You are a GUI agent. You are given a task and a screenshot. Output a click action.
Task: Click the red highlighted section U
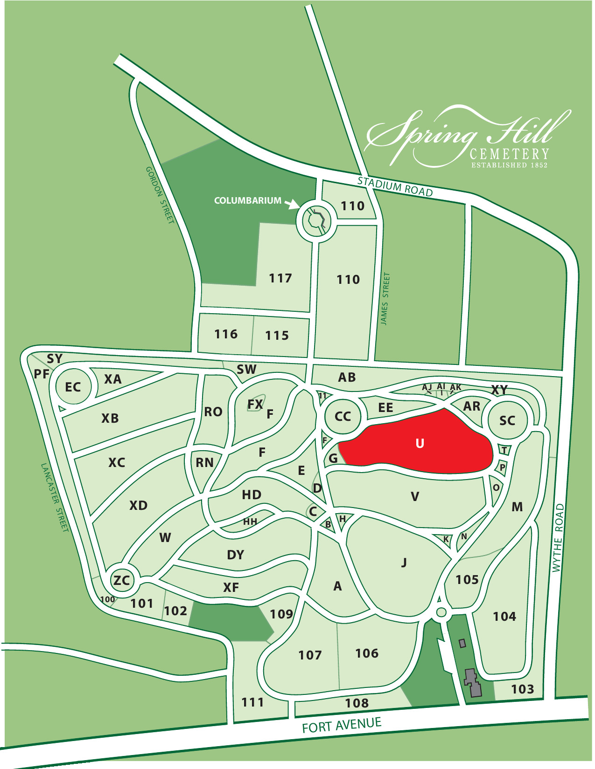[x=419, y=443]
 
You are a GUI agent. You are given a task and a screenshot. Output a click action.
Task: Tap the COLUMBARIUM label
[x=247, y=201]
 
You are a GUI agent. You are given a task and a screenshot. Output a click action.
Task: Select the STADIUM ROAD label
[x=395, y=186]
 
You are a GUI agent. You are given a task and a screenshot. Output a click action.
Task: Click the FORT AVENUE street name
[x=342, y=725]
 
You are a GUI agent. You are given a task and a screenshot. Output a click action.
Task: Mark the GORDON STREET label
[x=160, y=195]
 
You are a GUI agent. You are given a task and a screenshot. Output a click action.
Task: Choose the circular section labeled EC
[x=73, y=387]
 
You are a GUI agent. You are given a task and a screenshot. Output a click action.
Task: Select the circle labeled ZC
[x=122, y=580]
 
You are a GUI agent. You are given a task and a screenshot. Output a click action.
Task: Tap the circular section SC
[x=507, y=420]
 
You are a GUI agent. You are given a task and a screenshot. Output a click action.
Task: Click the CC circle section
[x=343, y=416]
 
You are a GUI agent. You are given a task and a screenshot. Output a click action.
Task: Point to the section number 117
[x=280, y=278]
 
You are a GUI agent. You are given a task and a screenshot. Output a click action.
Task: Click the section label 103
[x=522, y=689]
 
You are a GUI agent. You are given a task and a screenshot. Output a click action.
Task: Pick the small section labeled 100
[x=108, y=599]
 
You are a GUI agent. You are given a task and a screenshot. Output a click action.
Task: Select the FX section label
[x=255, y=405]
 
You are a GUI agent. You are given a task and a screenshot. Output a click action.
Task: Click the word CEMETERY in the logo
[x=509, y=154]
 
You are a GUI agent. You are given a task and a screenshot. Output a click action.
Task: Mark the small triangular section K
[x=446, y=539]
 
